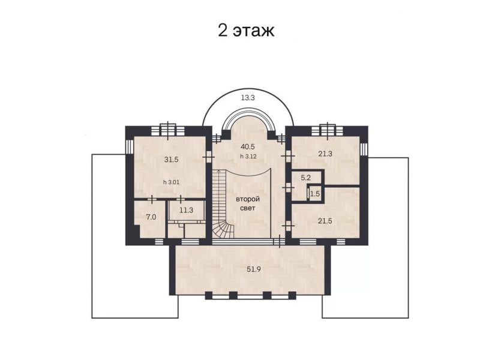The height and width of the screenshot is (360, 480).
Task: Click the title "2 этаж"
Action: click(246, 31)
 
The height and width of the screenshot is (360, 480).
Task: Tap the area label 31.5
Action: click(171, 160)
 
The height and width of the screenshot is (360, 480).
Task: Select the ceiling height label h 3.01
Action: click(171, 182)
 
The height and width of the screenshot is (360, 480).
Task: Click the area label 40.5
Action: click(248, 146)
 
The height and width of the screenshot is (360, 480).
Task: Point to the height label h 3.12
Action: click(248, 156)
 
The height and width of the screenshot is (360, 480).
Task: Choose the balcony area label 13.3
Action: click(248, 98)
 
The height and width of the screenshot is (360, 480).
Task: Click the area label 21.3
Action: click(325, 154)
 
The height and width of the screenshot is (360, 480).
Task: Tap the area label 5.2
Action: click(306, 178)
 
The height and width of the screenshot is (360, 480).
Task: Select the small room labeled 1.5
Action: click(314, 194)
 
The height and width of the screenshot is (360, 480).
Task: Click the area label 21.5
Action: click(325, 221)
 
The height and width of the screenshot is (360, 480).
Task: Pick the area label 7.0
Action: click(151, 217)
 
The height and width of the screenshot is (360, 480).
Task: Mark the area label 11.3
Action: click(187, 211)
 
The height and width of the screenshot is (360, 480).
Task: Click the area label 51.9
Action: click(254, 269)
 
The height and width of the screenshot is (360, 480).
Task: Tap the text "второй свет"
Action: click(248, 203)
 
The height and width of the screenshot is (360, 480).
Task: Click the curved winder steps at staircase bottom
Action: click(223, 230)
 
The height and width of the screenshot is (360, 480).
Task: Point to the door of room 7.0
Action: click(152, 200)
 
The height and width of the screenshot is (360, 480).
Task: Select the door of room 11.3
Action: click(181, 200)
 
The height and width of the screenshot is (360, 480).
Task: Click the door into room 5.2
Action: click(288, 187)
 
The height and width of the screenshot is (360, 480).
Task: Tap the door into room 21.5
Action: click(288, 226)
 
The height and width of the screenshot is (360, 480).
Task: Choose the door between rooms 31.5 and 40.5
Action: click(208, 157)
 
